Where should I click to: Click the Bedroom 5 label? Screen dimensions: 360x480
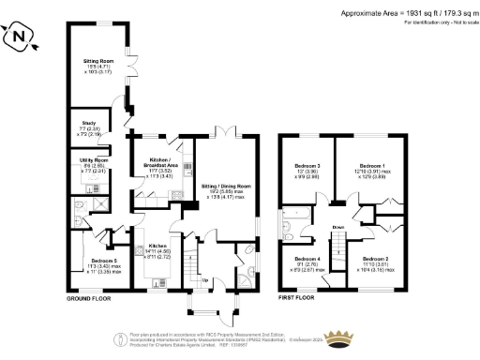(x=103, y=261)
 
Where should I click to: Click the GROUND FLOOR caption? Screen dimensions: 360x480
(x=90, y=299)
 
